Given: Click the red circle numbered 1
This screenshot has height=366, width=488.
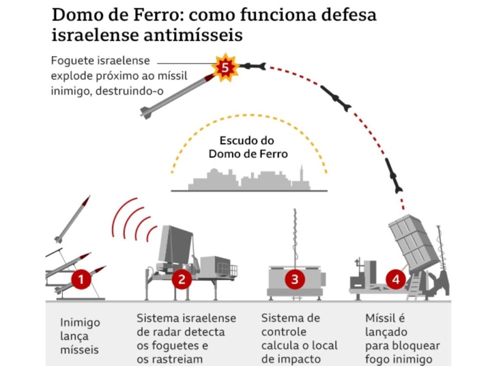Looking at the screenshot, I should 81,279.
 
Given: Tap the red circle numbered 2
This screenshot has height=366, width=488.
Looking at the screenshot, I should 182,279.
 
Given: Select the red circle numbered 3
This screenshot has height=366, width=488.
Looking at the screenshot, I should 295,279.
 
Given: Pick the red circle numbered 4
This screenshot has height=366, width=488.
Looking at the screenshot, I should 396,279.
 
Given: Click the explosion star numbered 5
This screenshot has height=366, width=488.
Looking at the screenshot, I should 224,67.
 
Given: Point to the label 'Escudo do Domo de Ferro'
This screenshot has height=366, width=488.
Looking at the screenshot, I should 248,147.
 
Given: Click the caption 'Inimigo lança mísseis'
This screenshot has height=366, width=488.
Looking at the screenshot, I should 80,336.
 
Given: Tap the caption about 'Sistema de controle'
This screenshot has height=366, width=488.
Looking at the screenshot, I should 299,338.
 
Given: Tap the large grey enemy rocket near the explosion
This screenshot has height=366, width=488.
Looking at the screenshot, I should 176,95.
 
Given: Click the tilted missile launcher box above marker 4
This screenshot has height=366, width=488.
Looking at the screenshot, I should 409,241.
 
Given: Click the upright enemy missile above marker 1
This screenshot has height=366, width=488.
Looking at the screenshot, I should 73,218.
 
